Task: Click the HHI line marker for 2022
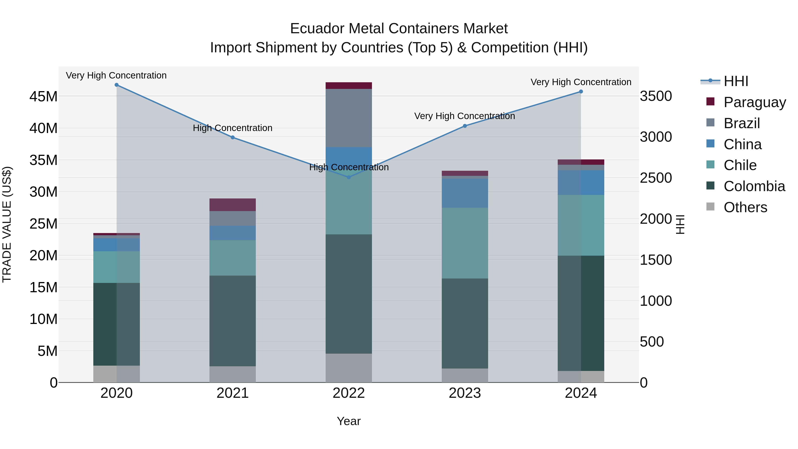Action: coord(348,177)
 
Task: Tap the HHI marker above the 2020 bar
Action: coord(116,85)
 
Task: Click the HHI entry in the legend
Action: coord(736,81)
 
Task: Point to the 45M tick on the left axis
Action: coord(43,96)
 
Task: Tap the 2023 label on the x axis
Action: coord(465,393)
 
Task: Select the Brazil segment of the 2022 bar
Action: coord(348,118)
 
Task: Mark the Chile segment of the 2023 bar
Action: coord(465,243)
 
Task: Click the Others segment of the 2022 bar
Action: coord(348,368)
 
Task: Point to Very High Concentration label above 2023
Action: coord(464,116)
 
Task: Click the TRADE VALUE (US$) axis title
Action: coord(7,224)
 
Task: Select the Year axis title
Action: coord(348,421)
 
